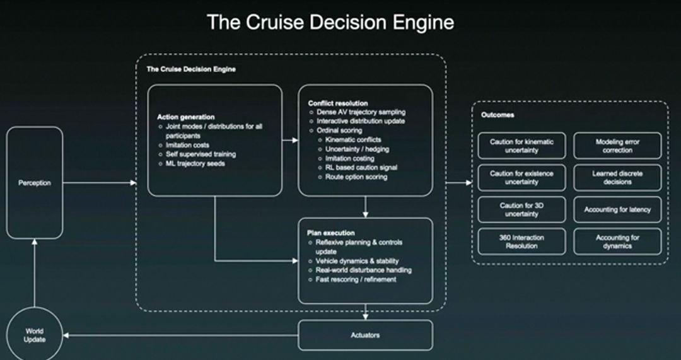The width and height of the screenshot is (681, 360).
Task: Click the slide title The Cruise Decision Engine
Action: click(330, 23)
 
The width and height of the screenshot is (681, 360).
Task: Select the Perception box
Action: click(35, 183)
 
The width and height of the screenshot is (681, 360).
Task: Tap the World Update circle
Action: click(35, 335)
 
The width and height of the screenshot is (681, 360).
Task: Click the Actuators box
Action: click(365, 335)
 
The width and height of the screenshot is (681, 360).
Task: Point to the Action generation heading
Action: click(185, 117)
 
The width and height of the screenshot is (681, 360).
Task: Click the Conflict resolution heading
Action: click(338, 103)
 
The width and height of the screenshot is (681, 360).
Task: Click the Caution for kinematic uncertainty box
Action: click(521, 146)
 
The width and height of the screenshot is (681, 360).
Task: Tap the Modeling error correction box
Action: click(617, 146)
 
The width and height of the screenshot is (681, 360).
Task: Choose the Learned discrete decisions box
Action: click(617, 177)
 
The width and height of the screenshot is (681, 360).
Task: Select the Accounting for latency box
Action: click(617, 209)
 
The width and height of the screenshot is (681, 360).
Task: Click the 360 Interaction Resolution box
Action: click(521, 241)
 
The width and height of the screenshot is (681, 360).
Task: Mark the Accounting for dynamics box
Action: click(617, 241)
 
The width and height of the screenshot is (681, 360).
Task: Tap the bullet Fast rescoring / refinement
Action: click(356, 279)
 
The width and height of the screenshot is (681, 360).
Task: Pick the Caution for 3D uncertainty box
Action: click(521, 209)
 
